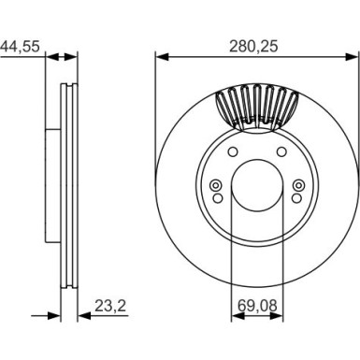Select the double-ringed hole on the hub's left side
tap(216, 185)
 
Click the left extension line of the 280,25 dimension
tap(154, 112)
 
